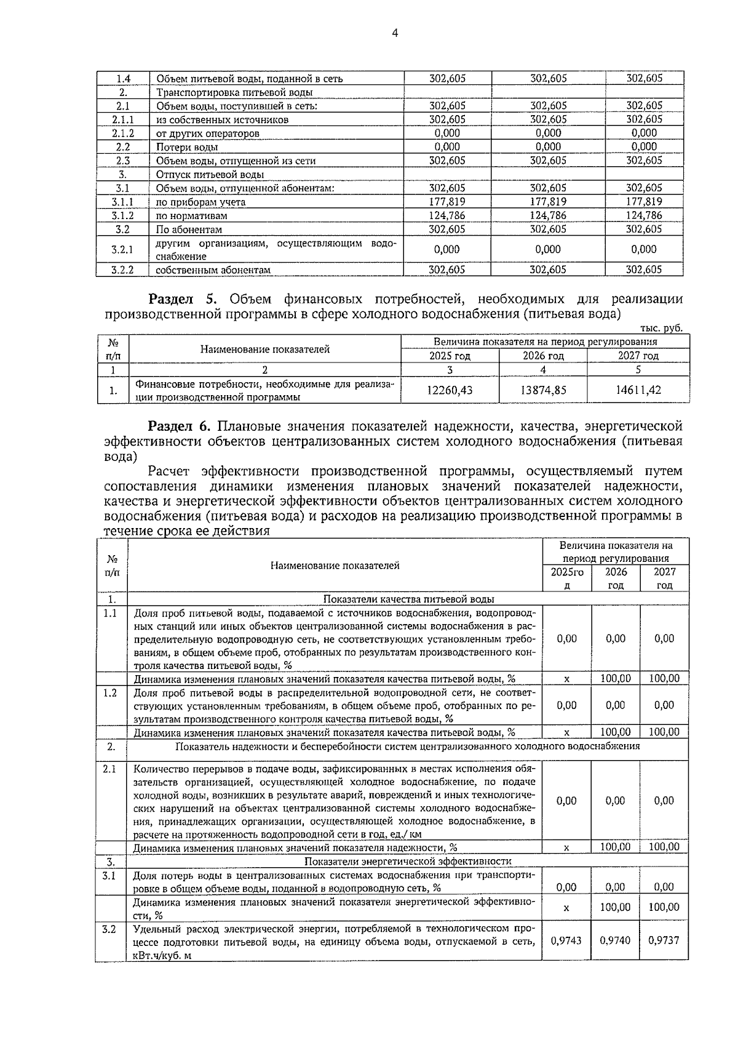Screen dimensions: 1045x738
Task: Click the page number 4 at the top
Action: (395, 34)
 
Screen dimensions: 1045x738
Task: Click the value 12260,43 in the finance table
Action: (450, 390)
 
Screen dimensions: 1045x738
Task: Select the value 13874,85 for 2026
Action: (543, 390)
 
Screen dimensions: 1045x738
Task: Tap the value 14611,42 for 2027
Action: (638, 390)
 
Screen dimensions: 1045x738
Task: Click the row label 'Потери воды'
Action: (187, 147)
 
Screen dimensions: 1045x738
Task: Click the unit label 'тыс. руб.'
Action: (661, 328)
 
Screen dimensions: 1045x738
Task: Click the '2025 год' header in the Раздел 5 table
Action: (450, 356)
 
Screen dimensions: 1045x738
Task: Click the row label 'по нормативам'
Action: (191, 216)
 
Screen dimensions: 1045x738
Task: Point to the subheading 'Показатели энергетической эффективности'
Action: (408, 861)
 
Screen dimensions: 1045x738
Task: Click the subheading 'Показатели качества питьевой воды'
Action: (408, 599)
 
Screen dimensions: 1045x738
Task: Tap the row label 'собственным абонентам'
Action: (213, 270)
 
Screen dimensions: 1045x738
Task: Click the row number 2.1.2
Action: (122, 134)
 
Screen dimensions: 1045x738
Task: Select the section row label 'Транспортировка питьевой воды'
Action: (231, 93)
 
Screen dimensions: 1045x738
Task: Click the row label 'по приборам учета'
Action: (200, 202)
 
